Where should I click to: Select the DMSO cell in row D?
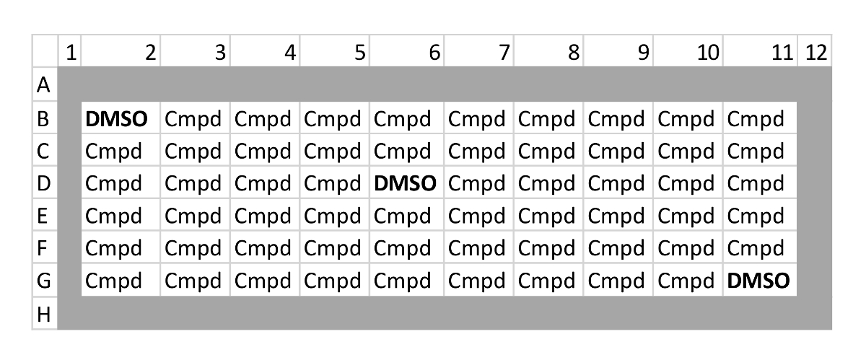(x=406, y=184)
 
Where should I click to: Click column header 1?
(x=70, y=53)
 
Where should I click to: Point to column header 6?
(x=433, y=53)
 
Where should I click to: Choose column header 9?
(x=642, y=53)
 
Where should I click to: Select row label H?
(x=44, y=314)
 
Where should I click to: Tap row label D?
(x=44, y=184)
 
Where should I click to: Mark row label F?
(x=44, y=248)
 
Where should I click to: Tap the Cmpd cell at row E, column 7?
(x=477, y=216)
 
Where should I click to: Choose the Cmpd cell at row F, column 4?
(x=266, y=248)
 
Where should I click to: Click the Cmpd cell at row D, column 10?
(x=688, y=184)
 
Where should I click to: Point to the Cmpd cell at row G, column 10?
(x=688, y=280)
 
